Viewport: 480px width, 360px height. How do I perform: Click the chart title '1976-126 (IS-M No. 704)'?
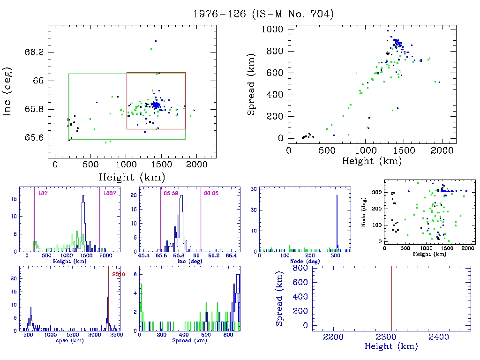click(263, 14)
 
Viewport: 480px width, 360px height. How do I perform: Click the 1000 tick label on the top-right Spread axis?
click(272, 30)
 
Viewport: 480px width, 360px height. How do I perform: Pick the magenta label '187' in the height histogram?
click(42, 193)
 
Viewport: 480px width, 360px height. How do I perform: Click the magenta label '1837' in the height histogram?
click(108, 193)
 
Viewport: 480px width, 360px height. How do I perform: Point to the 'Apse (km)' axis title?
click(70, 341)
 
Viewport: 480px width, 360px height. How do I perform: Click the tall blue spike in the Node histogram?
click(337, 220)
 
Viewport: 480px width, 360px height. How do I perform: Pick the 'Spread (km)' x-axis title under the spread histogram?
click(190, 341)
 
